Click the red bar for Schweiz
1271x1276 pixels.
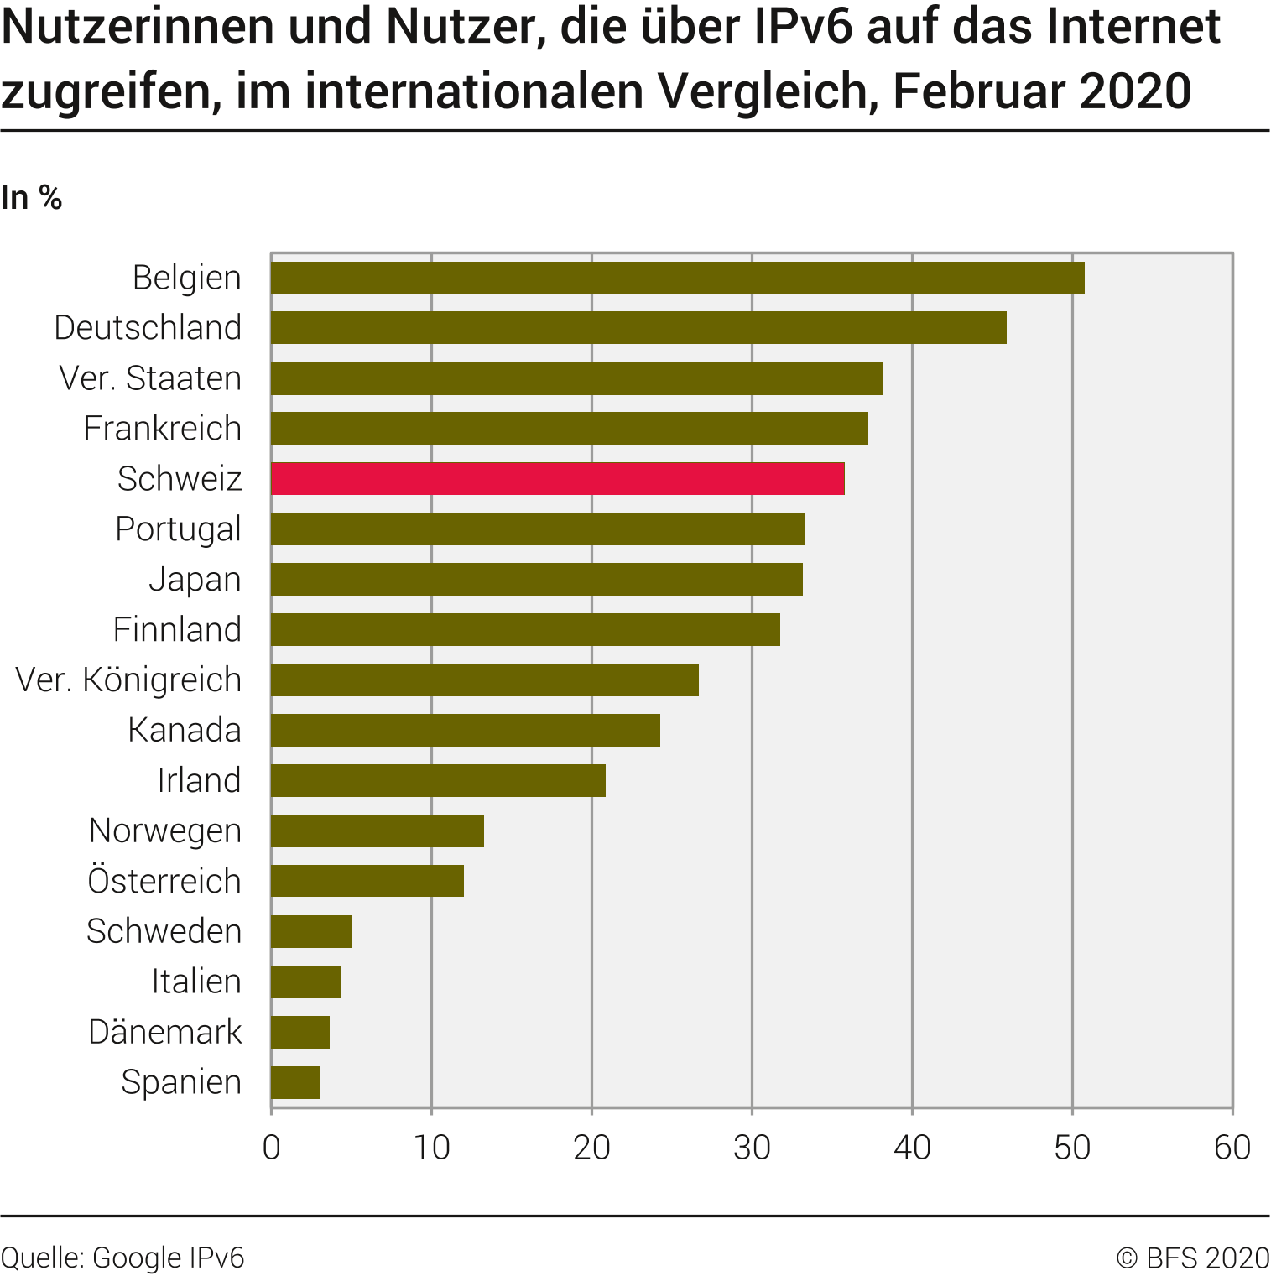(558, 478)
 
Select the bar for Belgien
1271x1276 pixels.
(678, 278)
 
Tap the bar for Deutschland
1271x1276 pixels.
(638, 328)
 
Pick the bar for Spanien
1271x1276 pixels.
(295, 1082)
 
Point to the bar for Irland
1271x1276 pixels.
(438, 780)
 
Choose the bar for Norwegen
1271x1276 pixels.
(378, 831)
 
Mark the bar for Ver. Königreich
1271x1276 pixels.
(485, 680)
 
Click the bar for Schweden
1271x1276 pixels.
(311, 931)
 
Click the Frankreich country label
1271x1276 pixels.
(162, 429)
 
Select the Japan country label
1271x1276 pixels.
(195, 580)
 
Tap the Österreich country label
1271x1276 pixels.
(164, 881)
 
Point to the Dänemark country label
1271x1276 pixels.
(164, 1032)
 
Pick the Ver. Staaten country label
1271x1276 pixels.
(150, 378)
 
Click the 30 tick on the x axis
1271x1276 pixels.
(752, 1148)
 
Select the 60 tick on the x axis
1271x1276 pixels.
(1232, 1148)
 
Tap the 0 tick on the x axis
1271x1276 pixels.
(271, 1148)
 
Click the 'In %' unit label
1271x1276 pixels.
(32, 198)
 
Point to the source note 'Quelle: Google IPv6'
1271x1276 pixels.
(122, 1258)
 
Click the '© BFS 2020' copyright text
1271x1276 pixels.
(1193, 1258)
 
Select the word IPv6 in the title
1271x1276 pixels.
(804, 27)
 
